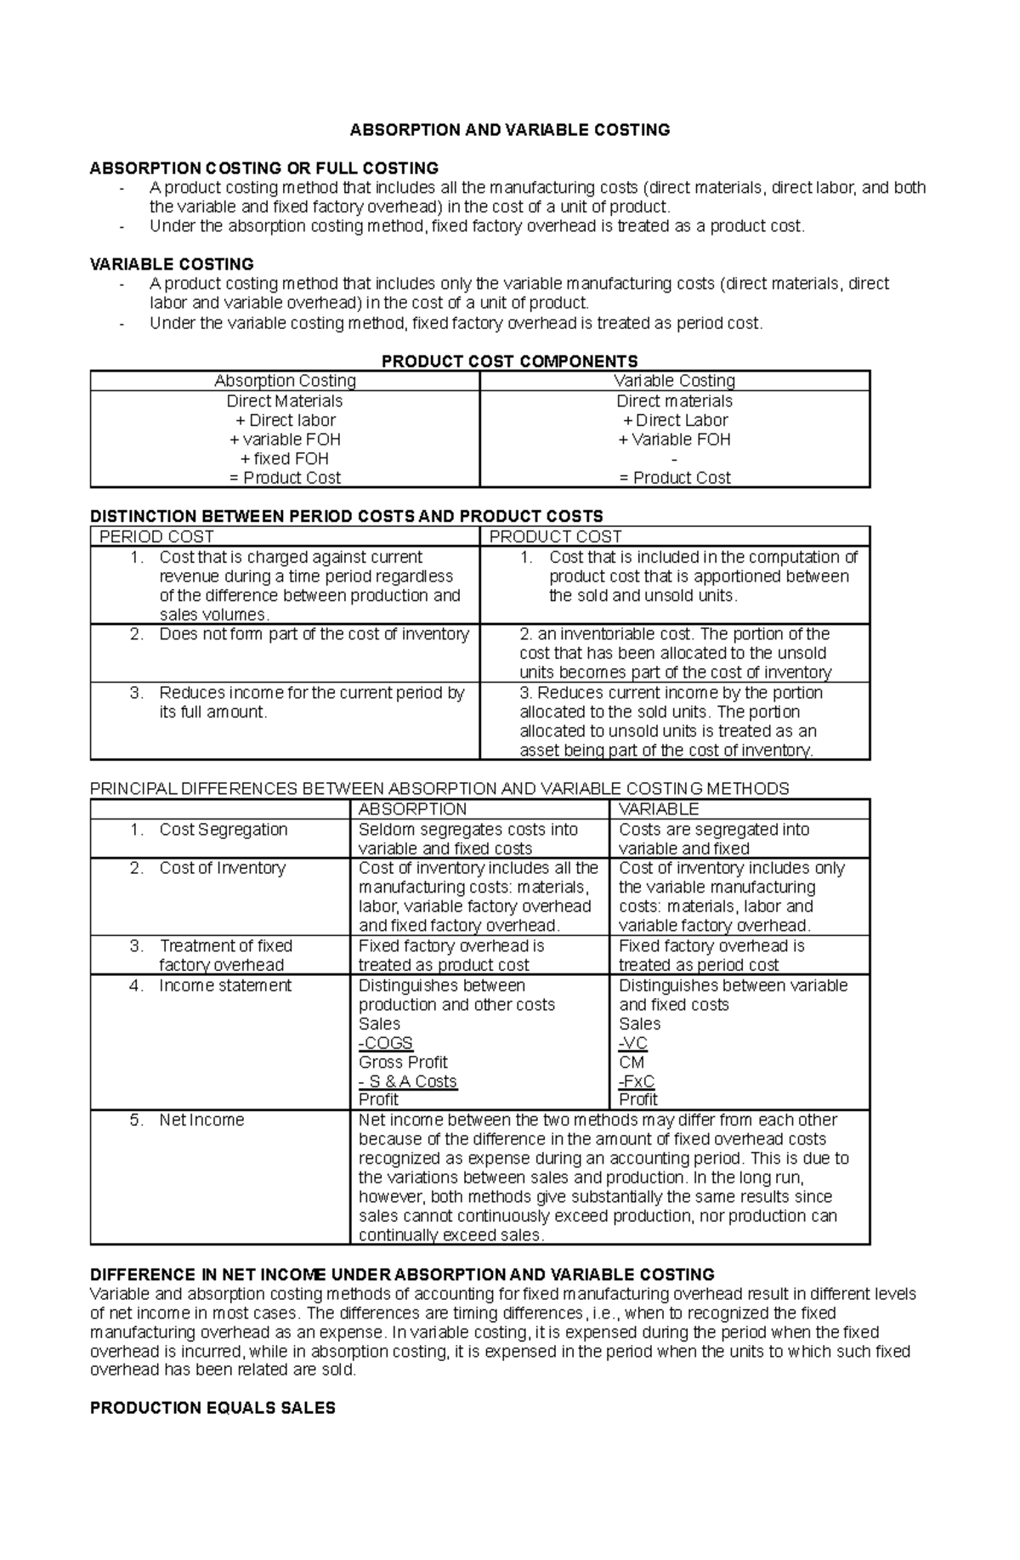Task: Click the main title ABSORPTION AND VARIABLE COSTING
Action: pyautogui.click(x=510, y=130)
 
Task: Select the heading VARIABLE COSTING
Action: pyautogui.click(x=172, y=264)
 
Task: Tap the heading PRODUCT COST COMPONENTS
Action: pyautogui.click(x=509, y=361)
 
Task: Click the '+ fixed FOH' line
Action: pyautogui.click(x=285, y=459)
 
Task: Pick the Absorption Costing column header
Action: pyautogui.click(x=285, y=381)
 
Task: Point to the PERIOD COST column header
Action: pyautogui.click(x=156, y=537)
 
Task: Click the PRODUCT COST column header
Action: pyautogui.click(x=555, y=537)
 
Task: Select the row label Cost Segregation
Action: pyautogui.click(x=223, y=830)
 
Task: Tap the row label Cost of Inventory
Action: pyautogui.click(x=222, y=868)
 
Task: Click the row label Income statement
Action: pyautogui.click(x=224, y=985)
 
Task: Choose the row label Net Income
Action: pyautogui.click(x=201, y=1120)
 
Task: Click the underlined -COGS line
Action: pyautogui.click(x=385, y=1043)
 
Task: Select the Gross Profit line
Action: pyautogui.click(x=403, y=1063)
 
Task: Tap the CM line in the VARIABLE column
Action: pyautogui.click(x=632, y=1063)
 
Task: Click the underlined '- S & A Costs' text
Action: pyautogui.click(x=408, y=1081)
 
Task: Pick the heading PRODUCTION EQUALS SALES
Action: pyautogui.click(x=212, y=1408)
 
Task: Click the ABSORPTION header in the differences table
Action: pyautogui.click(x=412, y=809)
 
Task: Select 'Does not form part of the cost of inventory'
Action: pyautogui.click(x=313, y=634)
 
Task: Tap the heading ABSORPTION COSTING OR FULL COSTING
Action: pyautogui.click(x=264, y=168)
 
